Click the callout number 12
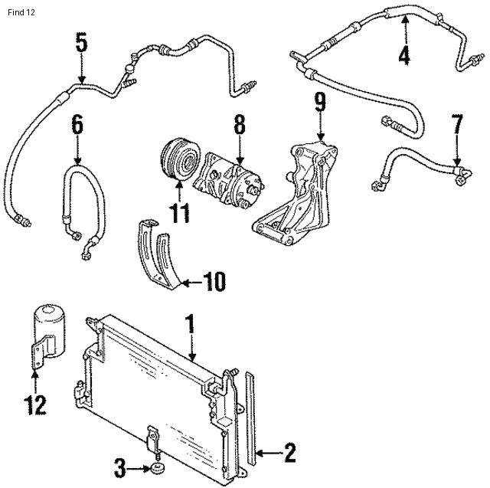35,405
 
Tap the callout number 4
404,56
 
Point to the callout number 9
320,102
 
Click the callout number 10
214,281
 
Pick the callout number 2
289,453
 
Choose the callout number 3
119,468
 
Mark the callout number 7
457,124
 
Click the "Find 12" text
21,12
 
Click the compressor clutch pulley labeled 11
180,159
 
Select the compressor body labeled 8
229,178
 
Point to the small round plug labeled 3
157,468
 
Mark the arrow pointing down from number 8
240,150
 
